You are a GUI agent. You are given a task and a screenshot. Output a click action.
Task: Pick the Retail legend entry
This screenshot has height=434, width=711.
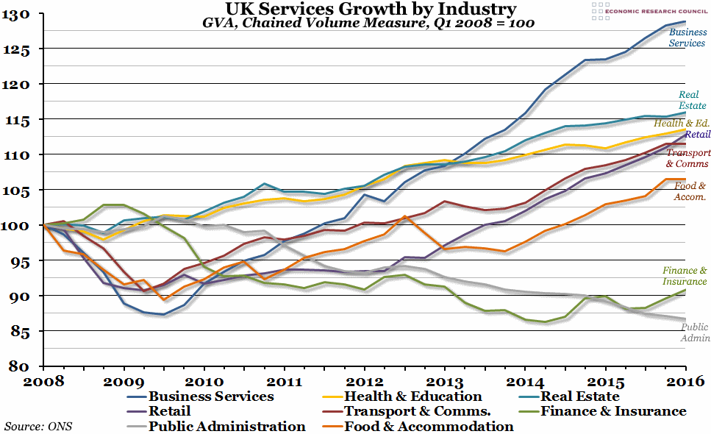[x=170, y=411]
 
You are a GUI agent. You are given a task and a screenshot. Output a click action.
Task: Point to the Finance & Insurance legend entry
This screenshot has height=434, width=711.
[x=613, y=411]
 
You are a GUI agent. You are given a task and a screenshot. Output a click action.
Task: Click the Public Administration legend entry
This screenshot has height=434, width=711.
[x=227, y=426]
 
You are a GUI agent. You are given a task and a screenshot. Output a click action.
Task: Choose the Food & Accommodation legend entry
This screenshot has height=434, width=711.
[x=428, y=426]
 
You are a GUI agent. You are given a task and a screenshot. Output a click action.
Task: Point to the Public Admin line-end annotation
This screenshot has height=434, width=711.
[x=693, y=332]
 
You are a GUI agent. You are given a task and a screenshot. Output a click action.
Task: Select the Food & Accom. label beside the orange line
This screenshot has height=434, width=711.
[x=690, y=191]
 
